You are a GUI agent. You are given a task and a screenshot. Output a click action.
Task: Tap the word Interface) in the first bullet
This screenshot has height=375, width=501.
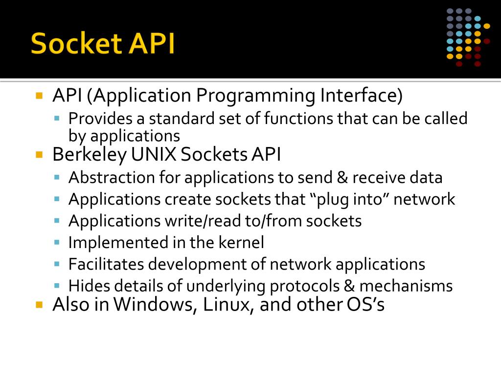point(362,96)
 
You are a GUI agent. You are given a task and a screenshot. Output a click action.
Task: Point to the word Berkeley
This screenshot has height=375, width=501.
point(89,155)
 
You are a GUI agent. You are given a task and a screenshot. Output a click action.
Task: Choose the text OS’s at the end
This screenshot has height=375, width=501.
point(365,305)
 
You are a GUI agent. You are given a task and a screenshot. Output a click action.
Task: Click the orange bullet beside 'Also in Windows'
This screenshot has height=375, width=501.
point(40,305)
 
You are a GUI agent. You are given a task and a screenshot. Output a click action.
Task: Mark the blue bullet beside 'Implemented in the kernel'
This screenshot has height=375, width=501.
point(57,242)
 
